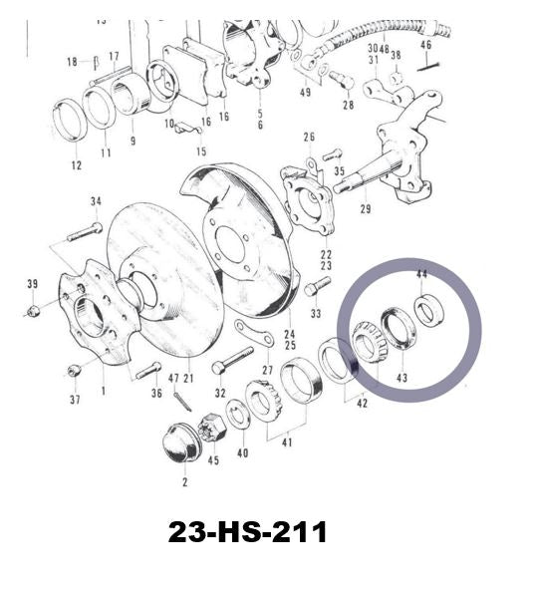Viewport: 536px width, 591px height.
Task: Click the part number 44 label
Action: click(421, 274)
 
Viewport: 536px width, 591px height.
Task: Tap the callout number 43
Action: click(402, 378)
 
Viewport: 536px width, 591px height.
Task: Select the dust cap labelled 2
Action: click(181, 443)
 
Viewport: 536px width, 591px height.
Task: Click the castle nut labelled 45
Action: click(213, 427)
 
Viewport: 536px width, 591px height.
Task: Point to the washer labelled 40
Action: click(237, 413)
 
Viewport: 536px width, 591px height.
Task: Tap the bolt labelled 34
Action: click(85, 232)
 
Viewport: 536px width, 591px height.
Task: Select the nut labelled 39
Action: click(33, 311)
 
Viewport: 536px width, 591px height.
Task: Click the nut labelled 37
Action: click(74, 370)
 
